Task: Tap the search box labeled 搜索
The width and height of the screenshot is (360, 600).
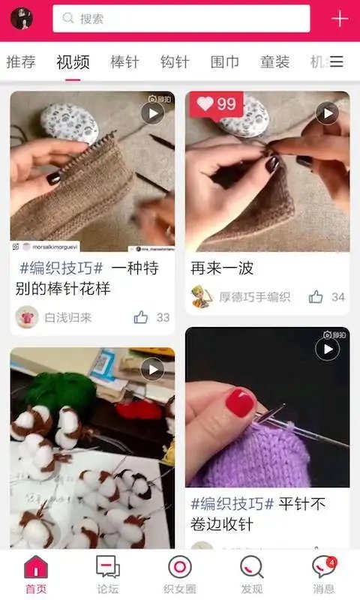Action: [181, 19]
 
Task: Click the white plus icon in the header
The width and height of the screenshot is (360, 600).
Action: [340, 19]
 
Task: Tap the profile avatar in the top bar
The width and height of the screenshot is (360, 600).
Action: [21, 19]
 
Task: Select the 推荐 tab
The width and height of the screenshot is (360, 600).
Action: [21, 62]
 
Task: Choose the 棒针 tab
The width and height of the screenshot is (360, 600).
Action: [124, 62]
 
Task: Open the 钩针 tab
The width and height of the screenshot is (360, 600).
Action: [175, 62]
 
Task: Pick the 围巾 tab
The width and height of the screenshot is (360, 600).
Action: [225, 62]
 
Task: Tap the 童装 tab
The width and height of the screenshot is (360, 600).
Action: [274, 62]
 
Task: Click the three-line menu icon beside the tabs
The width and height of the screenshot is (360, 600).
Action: [337, 62]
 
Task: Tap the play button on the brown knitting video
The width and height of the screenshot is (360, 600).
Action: [152, 113]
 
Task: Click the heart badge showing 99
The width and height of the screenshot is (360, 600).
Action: [216, 104]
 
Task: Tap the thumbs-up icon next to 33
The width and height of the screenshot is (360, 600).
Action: [141, 317]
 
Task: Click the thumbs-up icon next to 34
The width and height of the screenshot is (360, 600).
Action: [316, 297]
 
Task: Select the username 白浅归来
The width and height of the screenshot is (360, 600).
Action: [67, 317]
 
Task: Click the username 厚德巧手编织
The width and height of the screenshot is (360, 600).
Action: [254, 297]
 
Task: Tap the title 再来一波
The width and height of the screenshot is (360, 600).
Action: [222, 268]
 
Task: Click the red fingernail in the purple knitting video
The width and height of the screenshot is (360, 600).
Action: [240, 403]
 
